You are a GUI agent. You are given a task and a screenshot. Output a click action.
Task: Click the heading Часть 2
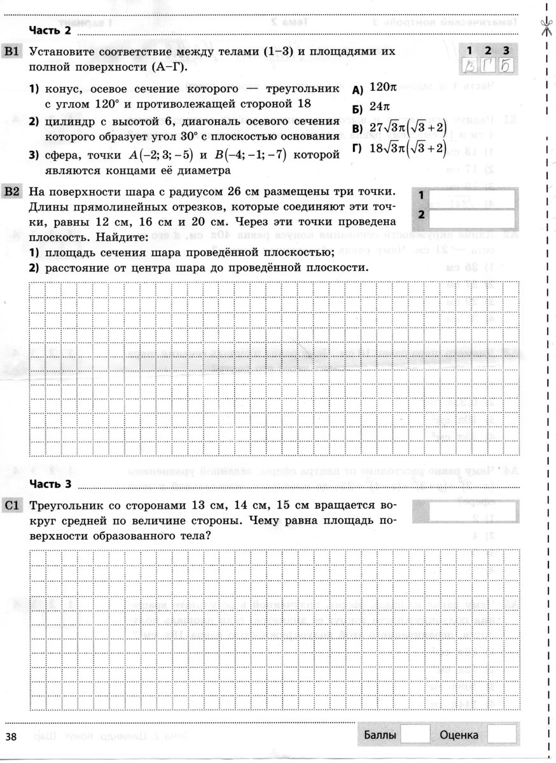point(50,30)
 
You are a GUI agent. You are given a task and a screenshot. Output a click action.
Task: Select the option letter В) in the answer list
point(356,130)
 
